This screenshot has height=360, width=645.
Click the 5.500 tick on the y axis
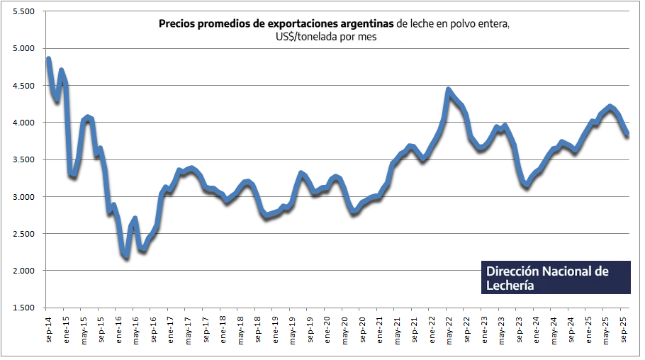(x=23, y=12)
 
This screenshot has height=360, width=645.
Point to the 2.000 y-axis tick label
(x=23, y=271)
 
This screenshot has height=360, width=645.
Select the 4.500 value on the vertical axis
(x=23, y=86)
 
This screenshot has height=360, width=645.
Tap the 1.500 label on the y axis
(x=23, y=308)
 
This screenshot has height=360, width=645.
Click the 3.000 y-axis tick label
(x=23, y=197)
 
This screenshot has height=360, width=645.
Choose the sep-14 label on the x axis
(x=47, y=327)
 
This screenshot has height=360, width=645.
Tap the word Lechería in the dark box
(x=510, y=285)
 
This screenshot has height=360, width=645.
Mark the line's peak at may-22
(x=449, y=90)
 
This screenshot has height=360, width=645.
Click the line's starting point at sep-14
(x=48, y=59)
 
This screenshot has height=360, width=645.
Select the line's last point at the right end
(x=627, y=135)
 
